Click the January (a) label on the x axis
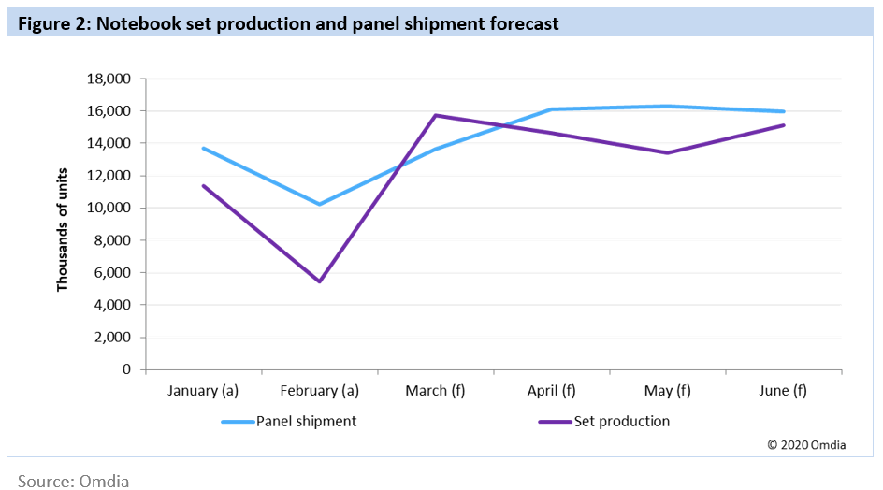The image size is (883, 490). [x=203, y=391]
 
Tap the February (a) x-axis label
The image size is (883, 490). [x=320, y=391]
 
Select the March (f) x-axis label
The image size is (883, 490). [x=436, y=391]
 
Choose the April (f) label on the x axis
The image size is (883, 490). [x=552, y=391]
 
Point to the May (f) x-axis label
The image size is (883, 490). [x=668, y=391]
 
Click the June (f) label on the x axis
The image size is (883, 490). [x=784, y=391]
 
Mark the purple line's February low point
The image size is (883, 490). [x=320, y=281]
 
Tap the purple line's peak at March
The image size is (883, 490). [x=436, y=115]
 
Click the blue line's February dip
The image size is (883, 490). [x=320, y=204]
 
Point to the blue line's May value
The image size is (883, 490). [x=668, y=106]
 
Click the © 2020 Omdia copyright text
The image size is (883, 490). [x=806, y=445]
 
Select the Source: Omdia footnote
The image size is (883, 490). [x=73, y=481]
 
